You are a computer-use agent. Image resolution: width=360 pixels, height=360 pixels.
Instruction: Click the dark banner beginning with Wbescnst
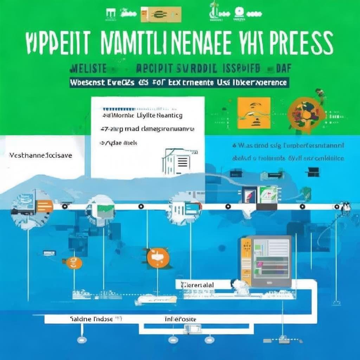click(x=179, y=83)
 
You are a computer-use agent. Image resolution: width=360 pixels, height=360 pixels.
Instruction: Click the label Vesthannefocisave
click(x=40, y=155)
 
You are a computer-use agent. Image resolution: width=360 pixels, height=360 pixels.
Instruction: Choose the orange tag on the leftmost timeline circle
click(x=44, y=206)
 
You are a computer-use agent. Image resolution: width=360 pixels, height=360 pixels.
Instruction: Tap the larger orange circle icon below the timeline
click(x=157, y=258)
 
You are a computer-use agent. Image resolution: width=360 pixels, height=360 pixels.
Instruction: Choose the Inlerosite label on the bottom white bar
click(x=180, y=319)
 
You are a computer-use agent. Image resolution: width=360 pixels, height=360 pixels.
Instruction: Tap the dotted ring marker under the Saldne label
click(x=82, y=340)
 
